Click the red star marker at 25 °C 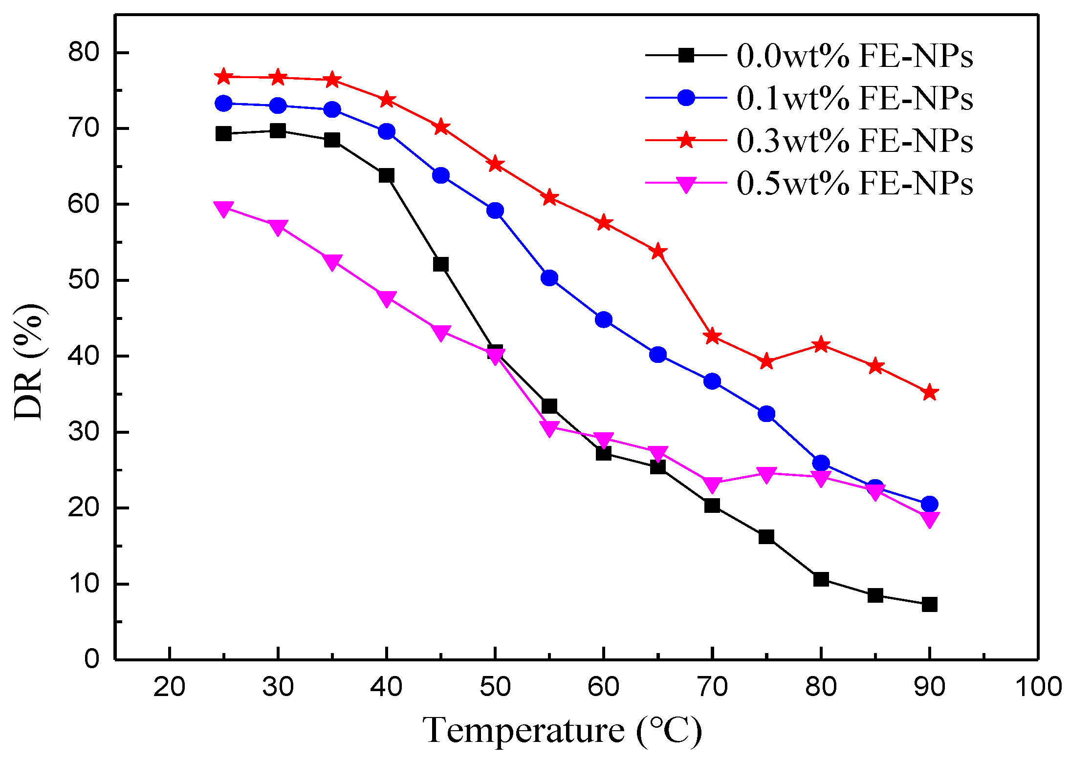(223, 77)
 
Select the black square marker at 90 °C (929, 605)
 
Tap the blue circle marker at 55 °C (549, 278)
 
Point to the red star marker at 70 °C (712, 336)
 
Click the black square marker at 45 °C (440, 264)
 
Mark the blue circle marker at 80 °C (821, 463)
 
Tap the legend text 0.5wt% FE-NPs (854, 184)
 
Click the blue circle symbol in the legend (686, 98)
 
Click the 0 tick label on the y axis (91, 659)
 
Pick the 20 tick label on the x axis (169, 687)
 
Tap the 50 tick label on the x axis (495, 687)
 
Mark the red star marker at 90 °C (929, 392)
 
